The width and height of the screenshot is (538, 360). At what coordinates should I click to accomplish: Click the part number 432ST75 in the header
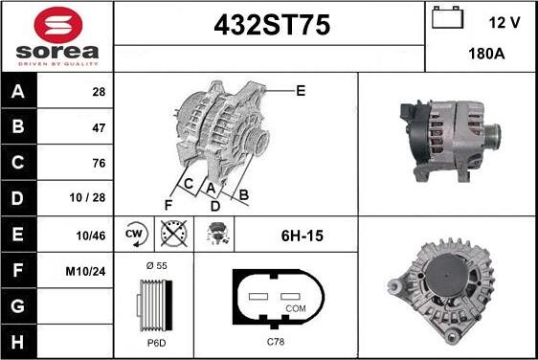269,27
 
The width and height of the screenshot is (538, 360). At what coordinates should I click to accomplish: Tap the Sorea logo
56,35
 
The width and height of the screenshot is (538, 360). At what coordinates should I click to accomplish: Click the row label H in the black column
16,341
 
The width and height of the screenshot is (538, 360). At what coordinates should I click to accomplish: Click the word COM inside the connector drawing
297,307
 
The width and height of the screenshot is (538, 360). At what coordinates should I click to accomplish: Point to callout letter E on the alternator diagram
301,91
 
